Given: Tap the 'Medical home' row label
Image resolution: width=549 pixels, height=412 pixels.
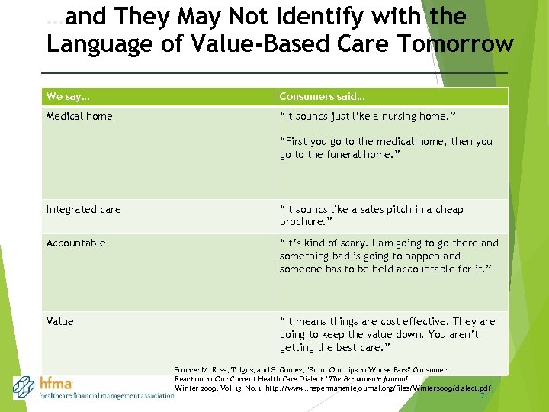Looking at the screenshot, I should (79, 117).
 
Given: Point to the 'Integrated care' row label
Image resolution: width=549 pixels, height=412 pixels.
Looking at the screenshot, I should (83, 210).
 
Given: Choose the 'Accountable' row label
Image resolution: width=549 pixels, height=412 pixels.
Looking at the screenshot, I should (75, 243).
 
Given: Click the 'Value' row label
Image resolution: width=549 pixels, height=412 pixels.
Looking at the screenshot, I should (60, 322).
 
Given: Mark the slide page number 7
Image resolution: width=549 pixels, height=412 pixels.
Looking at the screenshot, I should (482, 396).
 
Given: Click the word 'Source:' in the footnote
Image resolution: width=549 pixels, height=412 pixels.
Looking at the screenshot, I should (187, 370).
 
